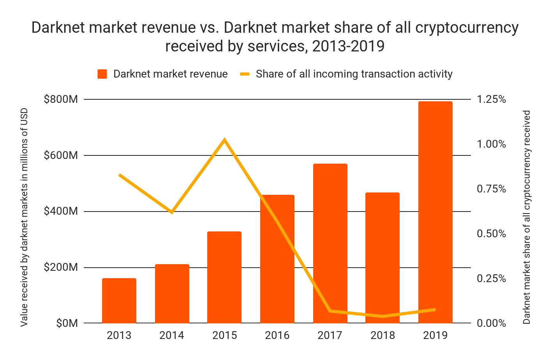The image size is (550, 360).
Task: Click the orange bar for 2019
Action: [x=435, y=212]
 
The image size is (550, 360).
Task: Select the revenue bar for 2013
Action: [x=119, y=300]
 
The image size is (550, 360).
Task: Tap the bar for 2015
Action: [x=224, y=277]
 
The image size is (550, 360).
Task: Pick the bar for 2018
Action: [x=383, y=258]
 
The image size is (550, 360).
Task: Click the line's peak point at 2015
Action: [x=224, y=140]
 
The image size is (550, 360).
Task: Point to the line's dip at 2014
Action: [x=172, y=212]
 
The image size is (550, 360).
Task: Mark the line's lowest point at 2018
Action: [x=383, y=316]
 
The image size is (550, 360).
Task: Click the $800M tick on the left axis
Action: [x=61, y=99]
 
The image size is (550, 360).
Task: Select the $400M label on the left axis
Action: [x=61, y=212]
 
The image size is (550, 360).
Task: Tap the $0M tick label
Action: [x=67, y=323]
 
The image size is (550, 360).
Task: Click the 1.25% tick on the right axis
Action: [x=491, y=99]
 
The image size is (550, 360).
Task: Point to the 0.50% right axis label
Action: [x=491, y=234]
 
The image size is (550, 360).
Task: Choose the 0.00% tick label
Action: [x=491, y=323]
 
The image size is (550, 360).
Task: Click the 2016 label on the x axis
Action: [x=277, y=335]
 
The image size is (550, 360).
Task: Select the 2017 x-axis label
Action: [x=330, y=335]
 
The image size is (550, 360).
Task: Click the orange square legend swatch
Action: [x=102, y=74]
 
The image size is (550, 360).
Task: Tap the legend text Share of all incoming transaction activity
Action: [x=354, y=74]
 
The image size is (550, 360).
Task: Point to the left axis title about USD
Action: [x=24, y=217]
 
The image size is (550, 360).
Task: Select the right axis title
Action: [x=527, y=217]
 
